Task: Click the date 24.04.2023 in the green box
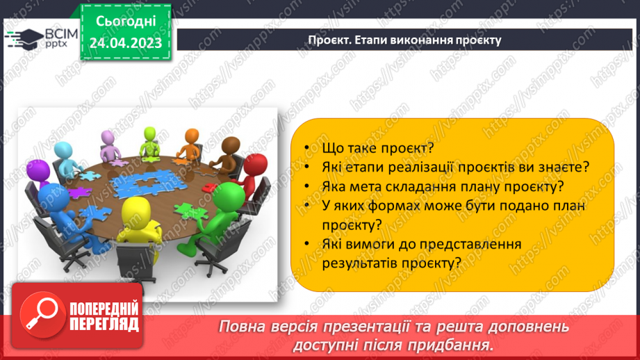125,43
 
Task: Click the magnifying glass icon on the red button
41,315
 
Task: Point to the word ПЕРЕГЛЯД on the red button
104,324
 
